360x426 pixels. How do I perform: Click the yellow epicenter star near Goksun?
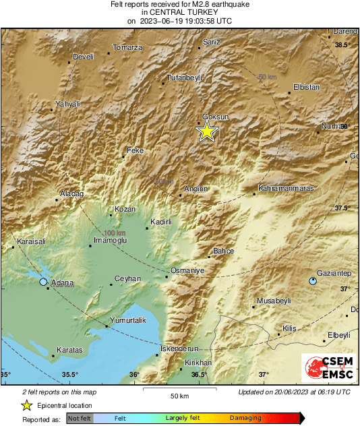[x=207, y=131]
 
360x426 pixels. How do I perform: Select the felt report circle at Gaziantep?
[x=313, y=280]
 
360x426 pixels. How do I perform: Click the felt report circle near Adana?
[x=44, y=282]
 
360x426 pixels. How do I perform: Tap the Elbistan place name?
[x=306, y=87]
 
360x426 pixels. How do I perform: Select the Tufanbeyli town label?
[x=185, y=77]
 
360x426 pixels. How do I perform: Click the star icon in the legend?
[x=26, y=405]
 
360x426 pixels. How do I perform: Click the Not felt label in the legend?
[x=79, y=419]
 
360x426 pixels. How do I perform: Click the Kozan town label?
[x=125, y=209]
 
